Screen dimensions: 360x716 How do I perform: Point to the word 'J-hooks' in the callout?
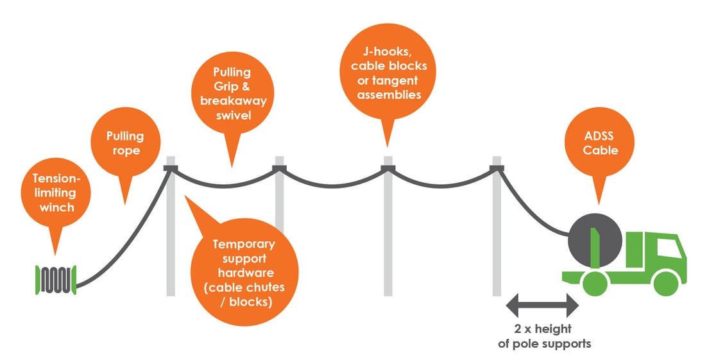(385, 52)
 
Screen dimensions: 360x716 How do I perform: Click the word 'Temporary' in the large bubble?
(244, 244)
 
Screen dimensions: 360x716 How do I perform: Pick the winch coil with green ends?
(56, 280)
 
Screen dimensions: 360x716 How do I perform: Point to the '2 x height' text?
(543, 329)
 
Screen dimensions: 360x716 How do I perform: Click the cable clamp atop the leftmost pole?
(171, 169)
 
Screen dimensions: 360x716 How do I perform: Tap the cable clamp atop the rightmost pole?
(497, 169)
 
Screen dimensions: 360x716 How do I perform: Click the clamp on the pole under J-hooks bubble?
(388, 169)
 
